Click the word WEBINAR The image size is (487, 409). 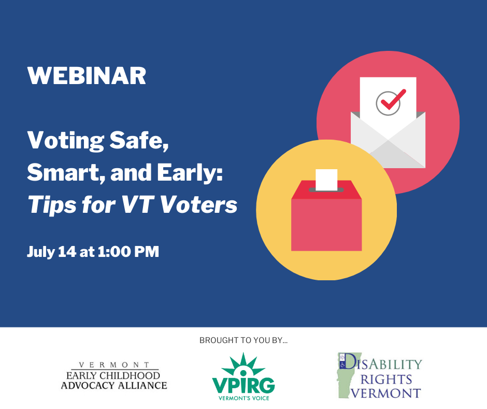(87, 76)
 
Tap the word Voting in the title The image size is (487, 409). (65, 141)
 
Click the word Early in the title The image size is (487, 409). (190, 173)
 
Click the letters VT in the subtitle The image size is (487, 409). (138, 204)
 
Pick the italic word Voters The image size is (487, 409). (198, 204)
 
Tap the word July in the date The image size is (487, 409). (41, 252)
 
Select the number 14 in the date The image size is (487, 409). (67, 252)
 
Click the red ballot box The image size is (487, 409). (326, 215)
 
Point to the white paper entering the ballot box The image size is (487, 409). (326, 180)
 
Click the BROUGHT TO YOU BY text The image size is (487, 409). (244, 340)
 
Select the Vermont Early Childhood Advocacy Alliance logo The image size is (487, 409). (114, 376)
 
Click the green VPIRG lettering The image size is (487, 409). (244, 385)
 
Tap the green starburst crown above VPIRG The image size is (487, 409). (243, 364)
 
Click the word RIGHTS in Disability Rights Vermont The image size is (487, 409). (386, 379)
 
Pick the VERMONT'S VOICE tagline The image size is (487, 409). (244, 398)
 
